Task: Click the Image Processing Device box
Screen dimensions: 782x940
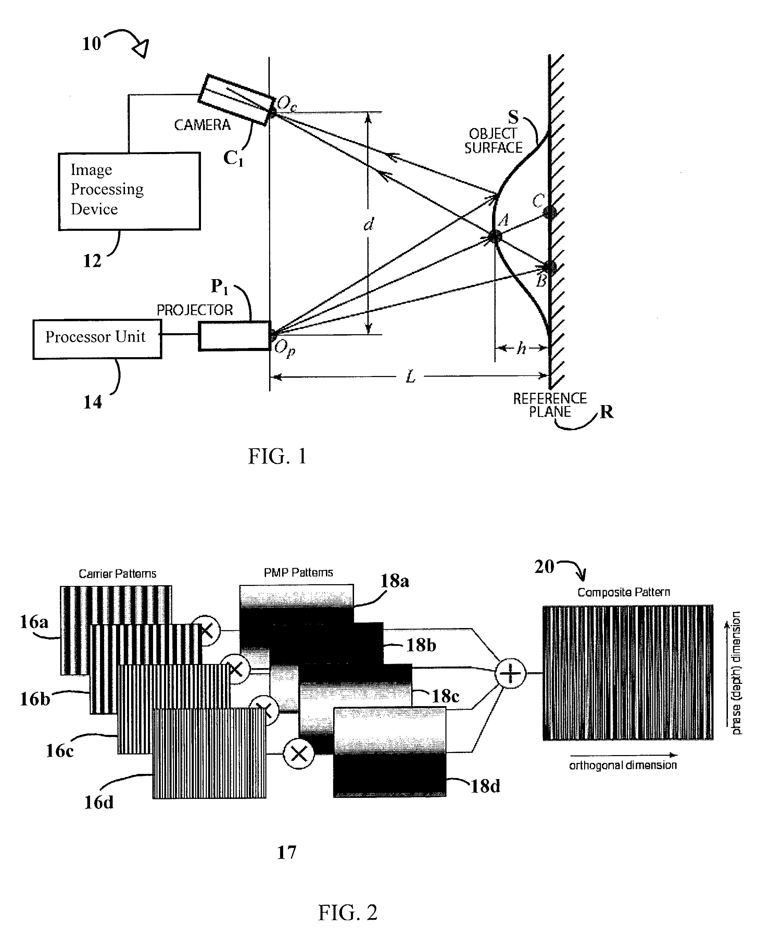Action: coord(129,191)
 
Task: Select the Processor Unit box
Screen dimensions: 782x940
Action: coord(97,339)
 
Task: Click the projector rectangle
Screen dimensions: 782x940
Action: coord(235,335)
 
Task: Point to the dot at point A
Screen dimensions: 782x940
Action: coord(495,236)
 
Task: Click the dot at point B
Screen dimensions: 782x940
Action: coord(550,267)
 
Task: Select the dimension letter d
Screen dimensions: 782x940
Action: coord(369,224)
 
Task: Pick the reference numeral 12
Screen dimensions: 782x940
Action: coord(92,261)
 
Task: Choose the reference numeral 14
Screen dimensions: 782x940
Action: coord(92,402)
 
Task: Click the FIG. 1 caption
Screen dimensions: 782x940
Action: coord(278,456)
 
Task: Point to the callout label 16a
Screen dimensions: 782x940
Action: coord(34,622)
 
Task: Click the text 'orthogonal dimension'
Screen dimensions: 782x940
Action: coord(623,765)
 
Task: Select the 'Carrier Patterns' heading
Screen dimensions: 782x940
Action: coord(117,574)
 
